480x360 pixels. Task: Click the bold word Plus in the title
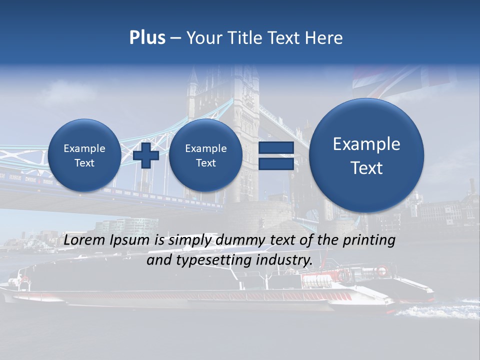pyautogui.click(x=147, y=38)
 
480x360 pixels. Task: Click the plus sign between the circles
pyautogui.click(x=146, y=155)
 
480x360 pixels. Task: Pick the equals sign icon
pyautogui.click(x=276, y=155)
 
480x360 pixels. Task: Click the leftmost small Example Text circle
pyautogui.click(x=84, y=155)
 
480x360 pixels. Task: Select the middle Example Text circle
pyautogui.click(x=205, y=155)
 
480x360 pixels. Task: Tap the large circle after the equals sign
pyautogui.click(x=366, y=155)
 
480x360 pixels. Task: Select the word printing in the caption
pyautogui.click(x=369, y=240)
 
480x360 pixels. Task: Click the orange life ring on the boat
pyautogui.click(x=381, y=271)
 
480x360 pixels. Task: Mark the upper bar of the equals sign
pyautogui.click(x=276, y=147)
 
